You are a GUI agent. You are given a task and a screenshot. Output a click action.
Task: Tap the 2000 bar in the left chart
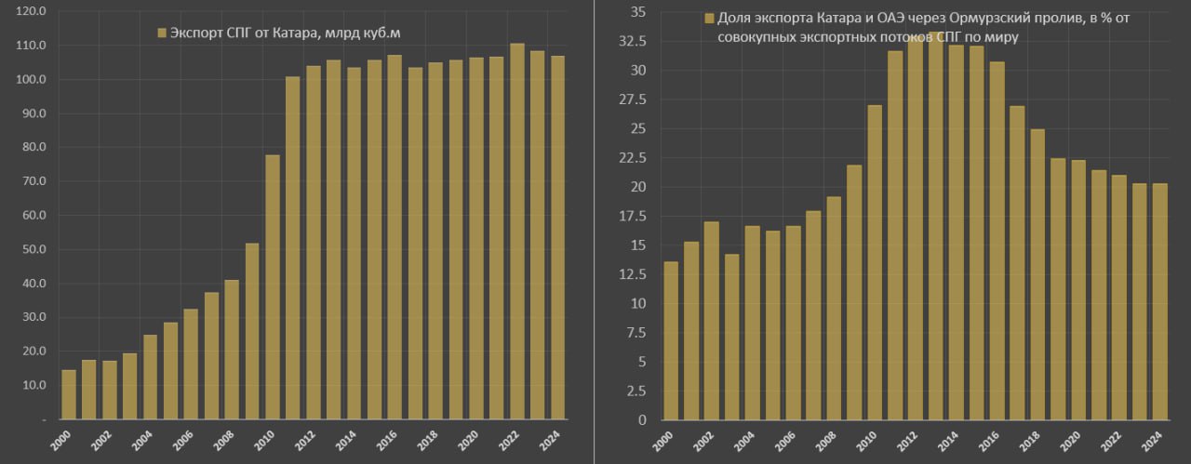(x=69, y=394)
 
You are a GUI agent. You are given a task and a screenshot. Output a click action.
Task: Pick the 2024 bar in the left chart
(x=558, y=238)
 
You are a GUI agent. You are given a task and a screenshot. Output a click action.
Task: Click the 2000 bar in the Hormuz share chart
(x=671, y=340)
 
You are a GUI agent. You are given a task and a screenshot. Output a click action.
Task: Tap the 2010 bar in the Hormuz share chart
(x=875, y=262)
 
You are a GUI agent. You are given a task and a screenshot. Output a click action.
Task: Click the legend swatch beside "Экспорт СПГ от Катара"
(x=162, y=33)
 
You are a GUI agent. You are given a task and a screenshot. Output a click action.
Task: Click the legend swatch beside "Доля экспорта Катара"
(x=710, y=19)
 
